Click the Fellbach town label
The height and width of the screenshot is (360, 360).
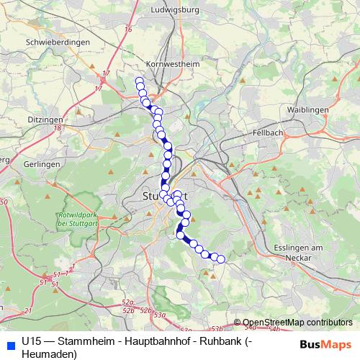click(269, 133)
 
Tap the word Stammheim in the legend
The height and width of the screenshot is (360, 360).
click(86, 341)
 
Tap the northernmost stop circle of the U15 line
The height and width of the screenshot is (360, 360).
click(139, 81)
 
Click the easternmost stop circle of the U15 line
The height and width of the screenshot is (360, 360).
click(221, 259)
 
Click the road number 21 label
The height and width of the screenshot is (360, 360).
click(28, 310)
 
